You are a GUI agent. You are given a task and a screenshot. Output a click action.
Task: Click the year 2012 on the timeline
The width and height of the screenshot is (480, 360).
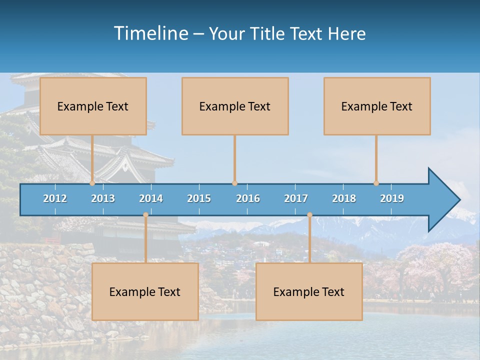[55, 198]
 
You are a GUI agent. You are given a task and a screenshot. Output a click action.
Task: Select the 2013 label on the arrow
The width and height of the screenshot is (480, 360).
[103, 198]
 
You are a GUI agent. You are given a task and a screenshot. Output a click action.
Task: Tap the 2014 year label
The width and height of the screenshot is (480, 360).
[151, 198]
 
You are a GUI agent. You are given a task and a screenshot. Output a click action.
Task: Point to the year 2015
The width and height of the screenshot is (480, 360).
[199, 198]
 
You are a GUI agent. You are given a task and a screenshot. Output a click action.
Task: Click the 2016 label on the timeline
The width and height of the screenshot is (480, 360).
[248, 198]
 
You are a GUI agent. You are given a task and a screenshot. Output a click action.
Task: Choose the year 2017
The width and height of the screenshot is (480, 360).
[296, 198]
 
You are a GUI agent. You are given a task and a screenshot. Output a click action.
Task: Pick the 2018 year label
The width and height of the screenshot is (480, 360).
[344, 198]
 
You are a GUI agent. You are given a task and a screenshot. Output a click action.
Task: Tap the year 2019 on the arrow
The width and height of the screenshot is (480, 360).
[392, 198]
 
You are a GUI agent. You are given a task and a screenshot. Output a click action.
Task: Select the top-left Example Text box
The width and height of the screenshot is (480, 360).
[93, 106]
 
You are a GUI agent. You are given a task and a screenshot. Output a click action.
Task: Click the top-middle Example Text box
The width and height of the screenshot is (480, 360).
[235, 106]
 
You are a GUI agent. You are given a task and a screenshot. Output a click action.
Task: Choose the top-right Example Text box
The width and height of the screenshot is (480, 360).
[377, 106]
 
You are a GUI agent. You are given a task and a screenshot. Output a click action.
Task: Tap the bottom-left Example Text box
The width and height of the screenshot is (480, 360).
[145, 291]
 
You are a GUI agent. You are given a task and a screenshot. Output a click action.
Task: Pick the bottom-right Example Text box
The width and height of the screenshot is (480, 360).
[309, 291]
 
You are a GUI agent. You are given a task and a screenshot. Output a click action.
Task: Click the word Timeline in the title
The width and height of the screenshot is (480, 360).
[150, 33]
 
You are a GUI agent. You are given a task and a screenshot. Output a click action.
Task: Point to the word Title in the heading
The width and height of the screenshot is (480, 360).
[268, 34]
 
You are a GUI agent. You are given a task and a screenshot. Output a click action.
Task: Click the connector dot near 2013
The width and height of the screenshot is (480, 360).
[92, 183]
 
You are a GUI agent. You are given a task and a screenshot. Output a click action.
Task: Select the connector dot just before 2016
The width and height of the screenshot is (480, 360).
[234, 183]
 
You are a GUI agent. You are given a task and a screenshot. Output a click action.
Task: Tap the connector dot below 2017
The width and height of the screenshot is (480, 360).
[309, 215]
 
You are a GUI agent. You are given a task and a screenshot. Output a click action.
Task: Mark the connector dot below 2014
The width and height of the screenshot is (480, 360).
[145, 215]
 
